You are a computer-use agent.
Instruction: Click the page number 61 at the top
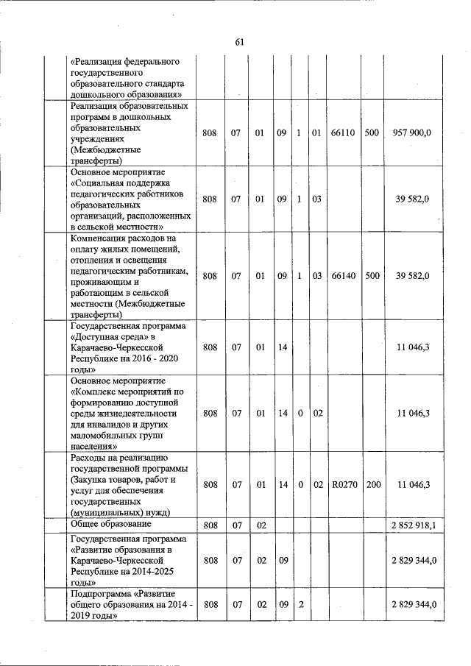[x=239, y=42]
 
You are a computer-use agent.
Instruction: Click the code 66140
[x=344, y=276]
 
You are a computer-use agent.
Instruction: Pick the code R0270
[x=344, y=484]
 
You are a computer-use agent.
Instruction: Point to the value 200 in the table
[x=372, y=484]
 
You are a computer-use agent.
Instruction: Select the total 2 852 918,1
[x=413, y=525]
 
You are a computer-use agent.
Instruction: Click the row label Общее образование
[x=110, y=524]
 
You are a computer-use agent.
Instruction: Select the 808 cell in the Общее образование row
[x=210, y=525]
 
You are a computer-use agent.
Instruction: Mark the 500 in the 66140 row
[x=372, y=276]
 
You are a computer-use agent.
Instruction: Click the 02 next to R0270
[x=318, y=484]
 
